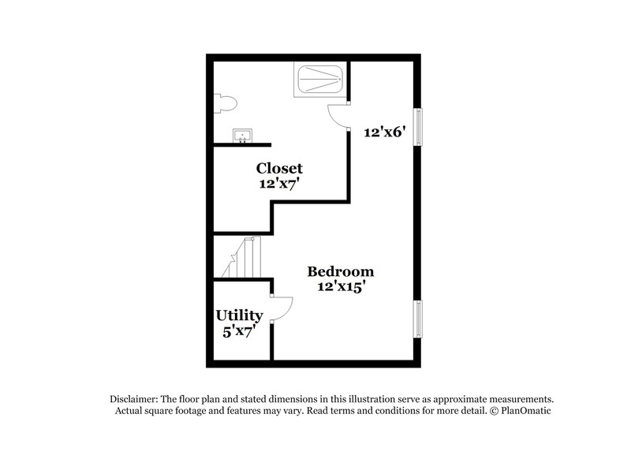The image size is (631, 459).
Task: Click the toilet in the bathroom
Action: [x=225, y=103]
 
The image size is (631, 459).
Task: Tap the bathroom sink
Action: [x=242, y=136]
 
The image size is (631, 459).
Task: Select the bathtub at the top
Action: [x=318, y=82]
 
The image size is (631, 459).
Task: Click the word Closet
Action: [x=279, y=168]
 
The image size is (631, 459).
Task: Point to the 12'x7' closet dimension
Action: [x=279, y=184]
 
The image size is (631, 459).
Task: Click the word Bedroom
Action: [x=340, y=271]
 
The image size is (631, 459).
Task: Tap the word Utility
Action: [x=239, y=315]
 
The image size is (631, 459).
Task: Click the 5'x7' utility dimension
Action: [x=239, y=331]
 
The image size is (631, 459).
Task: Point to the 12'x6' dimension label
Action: [x=384, y=132]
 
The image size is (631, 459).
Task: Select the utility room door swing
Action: [x=282, y=308]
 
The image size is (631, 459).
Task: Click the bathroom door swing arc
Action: [x=339, y=117]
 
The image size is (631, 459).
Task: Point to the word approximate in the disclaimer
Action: [x=450, y=400]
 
